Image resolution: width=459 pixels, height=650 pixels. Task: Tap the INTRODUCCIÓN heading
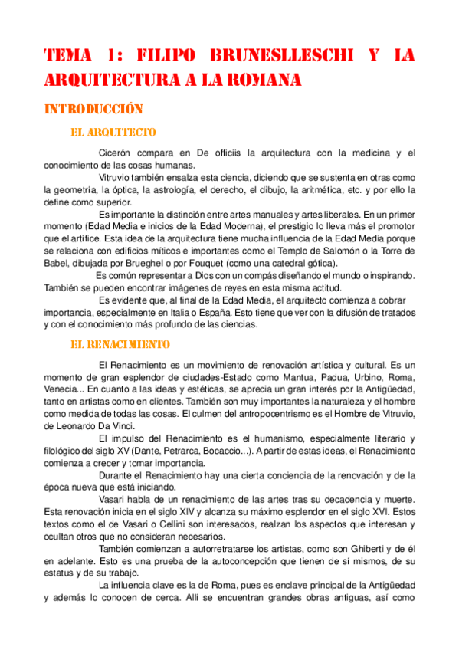(x=94, y=109)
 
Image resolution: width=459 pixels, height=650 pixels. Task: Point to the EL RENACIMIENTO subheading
(x=120, y=345)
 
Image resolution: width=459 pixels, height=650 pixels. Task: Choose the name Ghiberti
(x=363, y=549)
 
